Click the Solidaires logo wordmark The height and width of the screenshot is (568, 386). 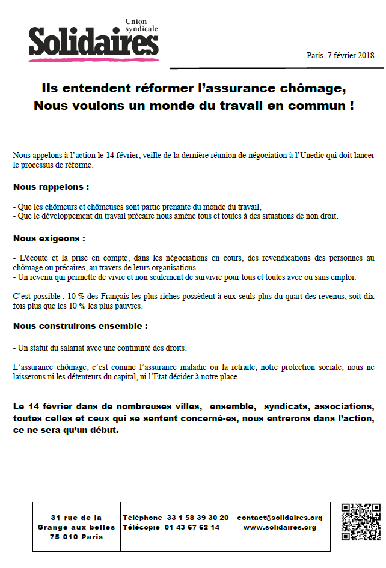(93, 42)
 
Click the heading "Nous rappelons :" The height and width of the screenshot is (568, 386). (51, 187)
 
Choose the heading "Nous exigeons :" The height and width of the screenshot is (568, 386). (49, 238)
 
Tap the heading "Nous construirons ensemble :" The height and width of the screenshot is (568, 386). (80, 326)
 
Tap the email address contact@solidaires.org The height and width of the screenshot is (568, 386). (280, 518)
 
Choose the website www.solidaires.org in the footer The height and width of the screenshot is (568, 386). (280, 527)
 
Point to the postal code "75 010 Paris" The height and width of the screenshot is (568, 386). (76, 537)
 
